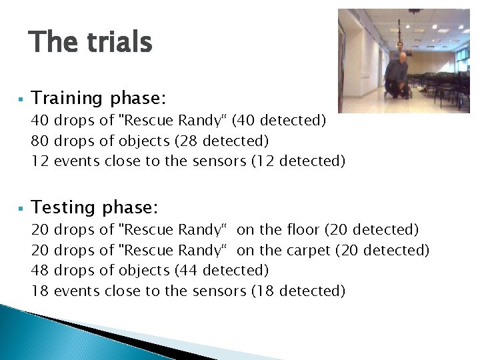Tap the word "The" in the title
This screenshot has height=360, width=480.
pyautogui.click(x=53, y=42)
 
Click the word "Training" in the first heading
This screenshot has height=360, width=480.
pyautogui.click(x=67, y=99)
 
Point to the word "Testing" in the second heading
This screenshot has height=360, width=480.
pyautogui.click(x=63, y=208)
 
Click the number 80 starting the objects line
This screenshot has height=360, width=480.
pyautogui.click(x=41, y=141)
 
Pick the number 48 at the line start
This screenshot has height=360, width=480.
pyautogui.click(x=41, y=270)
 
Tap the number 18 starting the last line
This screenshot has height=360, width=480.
pyautogui.click(x=41, y=291)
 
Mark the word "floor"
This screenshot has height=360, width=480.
pyautogui.click(x=303, y=229)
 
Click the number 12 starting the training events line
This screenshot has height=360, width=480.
pyautogui.click(x=41, y=161)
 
